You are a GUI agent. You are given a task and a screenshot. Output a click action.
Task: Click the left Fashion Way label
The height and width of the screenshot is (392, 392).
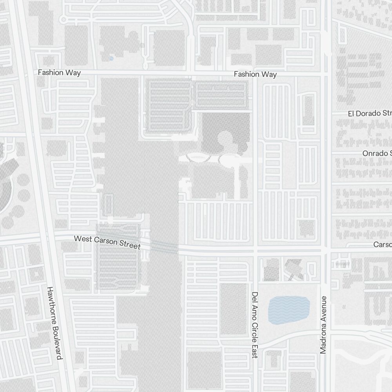coord(59,73)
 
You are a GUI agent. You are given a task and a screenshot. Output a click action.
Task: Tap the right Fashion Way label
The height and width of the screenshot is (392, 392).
coord(255,74)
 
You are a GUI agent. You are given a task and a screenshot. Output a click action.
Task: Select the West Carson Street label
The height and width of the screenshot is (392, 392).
coord(107,242)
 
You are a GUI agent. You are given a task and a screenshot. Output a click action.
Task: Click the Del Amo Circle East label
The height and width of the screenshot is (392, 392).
coord(255,325)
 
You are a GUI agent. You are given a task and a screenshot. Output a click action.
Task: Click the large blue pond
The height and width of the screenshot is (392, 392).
coord(289,310)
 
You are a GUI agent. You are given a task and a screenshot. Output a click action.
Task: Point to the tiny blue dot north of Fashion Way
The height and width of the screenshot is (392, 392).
coord(111,58)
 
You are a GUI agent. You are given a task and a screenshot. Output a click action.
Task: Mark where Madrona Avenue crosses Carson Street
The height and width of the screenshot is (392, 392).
coord(325,249)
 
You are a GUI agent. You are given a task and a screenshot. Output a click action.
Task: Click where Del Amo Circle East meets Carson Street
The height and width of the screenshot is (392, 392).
coord(255,249)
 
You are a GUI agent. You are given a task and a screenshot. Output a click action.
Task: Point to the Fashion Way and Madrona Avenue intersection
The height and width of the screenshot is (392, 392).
coord(325,73)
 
